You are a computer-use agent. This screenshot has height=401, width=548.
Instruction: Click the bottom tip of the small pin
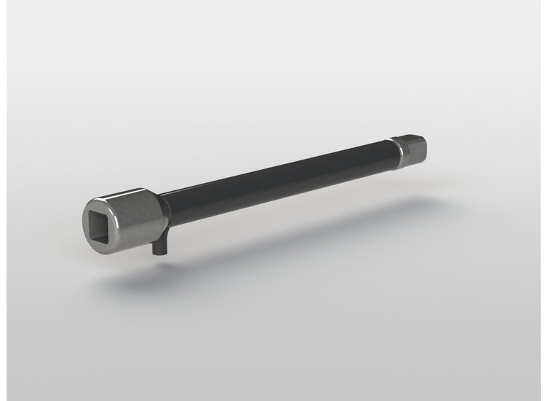click(x=157, y=255)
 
